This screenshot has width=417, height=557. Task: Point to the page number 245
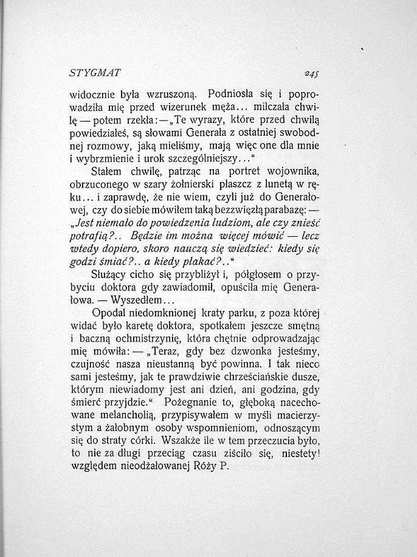point(311,74)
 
